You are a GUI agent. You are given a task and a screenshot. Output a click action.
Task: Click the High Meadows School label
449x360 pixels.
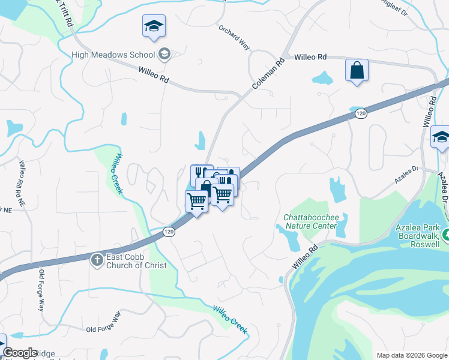pyautogui.click(x=113, y=55)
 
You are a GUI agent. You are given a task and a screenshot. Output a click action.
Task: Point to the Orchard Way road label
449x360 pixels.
pyautogui.click(x=234, y=37)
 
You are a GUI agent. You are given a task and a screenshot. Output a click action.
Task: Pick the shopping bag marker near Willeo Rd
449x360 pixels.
pyautogui.click(x=357, y=71)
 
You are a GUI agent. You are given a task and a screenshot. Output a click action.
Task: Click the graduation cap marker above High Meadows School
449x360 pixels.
pyautogui.click(x=154, y=26)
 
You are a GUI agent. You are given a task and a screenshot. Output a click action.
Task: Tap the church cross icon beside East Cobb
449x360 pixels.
pyautogui.click(x=97, y=260)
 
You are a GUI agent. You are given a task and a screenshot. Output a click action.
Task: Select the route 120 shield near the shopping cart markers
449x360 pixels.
pyautogui.click(x=169, y=231)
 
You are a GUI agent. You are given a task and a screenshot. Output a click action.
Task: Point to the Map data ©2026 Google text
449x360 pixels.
pyautogui.click(x=411, y=355)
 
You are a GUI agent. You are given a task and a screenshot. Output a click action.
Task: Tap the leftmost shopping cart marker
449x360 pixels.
pyautogui.click(x=197, y=202)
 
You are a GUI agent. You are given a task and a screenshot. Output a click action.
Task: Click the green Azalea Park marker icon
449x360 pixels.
pyautogui.click(x=445, y=235)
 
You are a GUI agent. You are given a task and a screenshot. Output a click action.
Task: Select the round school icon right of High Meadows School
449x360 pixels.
pyautogui.click(x=164, y=55)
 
